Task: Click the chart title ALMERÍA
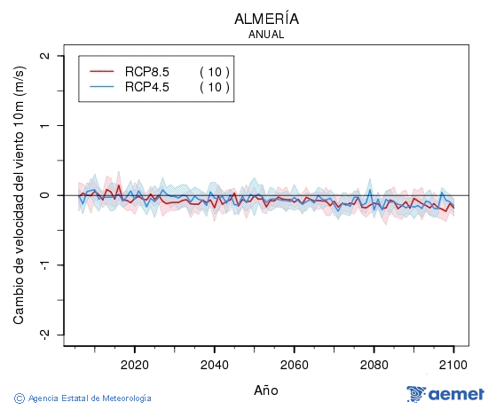pos(266,19)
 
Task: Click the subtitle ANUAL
pos(266,35)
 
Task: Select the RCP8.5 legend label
pos(147,71)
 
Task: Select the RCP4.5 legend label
pos(147,86)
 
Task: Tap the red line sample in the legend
pos(103,71)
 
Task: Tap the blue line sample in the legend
pos(103,86)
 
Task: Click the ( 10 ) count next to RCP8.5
pos(214,71)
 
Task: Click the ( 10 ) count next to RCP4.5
pos(214,86)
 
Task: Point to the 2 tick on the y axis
pos(45,56)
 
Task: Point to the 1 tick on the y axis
pos(45,125)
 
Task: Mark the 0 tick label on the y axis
pos(45,195)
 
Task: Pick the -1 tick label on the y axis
pos(43,264)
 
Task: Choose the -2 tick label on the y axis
pos(43,334)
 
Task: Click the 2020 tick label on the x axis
pos(134,365)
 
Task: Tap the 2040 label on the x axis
pos(214,365)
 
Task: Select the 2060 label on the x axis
pos(294,365)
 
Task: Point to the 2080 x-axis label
pos(374,365)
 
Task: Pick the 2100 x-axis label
pos(453,365)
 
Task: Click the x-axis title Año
pos(266,390)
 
